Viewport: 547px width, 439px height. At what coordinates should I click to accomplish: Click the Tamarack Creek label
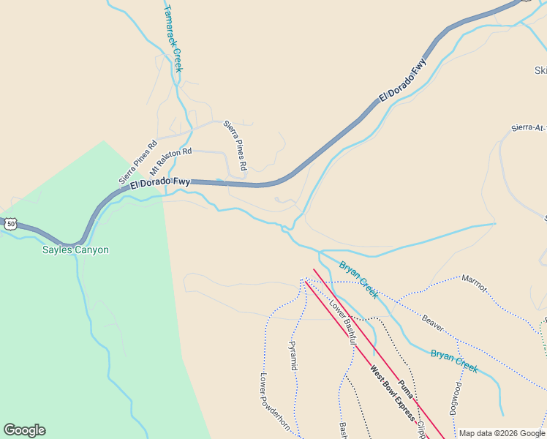[173, 38]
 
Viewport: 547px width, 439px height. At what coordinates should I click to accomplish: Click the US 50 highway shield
[10, 224]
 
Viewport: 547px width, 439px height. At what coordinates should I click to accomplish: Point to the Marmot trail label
[474, 283]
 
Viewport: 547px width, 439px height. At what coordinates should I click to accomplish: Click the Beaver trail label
[433, 322]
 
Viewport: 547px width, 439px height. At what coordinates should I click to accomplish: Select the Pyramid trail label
[293, 355]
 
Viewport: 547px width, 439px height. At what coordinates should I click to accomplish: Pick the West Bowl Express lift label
[392, 395]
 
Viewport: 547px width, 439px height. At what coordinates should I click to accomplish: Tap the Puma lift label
[407, 389]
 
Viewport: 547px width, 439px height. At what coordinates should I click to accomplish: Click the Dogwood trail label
[456, 399]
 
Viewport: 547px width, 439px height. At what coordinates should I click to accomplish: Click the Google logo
[24, 430]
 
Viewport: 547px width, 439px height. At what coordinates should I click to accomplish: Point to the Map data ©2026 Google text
[502, 433]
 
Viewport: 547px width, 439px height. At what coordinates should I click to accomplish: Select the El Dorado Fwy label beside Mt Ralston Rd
[160, 184]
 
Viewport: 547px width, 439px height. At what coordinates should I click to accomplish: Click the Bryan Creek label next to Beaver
[454, 361]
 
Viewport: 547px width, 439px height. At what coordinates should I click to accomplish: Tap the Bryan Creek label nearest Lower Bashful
[358, 279]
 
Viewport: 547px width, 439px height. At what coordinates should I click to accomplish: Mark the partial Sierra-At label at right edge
[529, 128]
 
